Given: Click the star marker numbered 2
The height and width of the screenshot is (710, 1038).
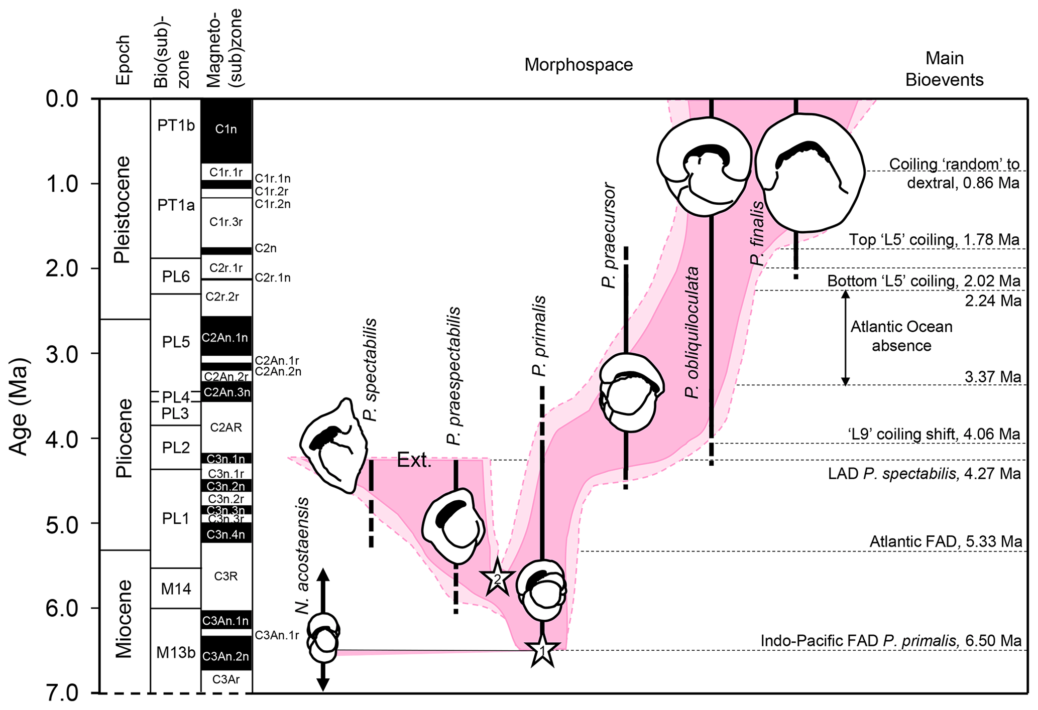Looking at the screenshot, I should pyautogui.click(x=497, y=579).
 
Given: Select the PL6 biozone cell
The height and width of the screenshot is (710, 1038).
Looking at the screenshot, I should pyautogui.click(x=176, y=276).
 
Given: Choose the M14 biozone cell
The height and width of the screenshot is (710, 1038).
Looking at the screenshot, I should pyautogui.click(x=176, y=588).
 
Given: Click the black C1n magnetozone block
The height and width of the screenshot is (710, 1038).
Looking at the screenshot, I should pyautogui.click(x=226, y=129).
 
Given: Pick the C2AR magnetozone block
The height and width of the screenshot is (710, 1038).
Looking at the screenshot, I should pyautogui.click(x=226, y=428).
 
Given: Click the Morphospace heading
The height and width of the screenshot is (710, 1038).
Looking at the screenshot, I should pyautogui.click(x=579, y=65).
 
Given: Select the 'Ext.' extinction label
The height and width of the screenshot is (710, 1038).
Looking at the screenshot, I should pyautogui.click(x=414, y=460).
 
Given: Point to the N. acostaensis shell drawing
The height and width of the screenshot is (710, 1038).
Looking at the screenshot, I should pyautogui.click(x=323, y=637).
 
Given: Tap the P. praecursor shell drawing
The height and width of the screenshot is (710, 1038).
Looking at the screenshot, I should pyautogui.click(x=632, y=392).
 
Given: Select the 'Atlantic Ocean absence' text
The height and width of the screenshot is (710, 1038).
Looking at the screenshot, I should pyautogui.click(x=901, y=336).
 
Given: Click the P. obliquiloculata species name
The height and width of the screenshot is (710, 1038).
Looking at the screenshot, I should pyautogui.click(x=693, y=332).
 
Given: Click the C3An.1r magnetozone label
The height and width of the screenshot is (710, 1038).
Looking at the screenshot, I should pyautogui.click(x=277, y=636).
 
